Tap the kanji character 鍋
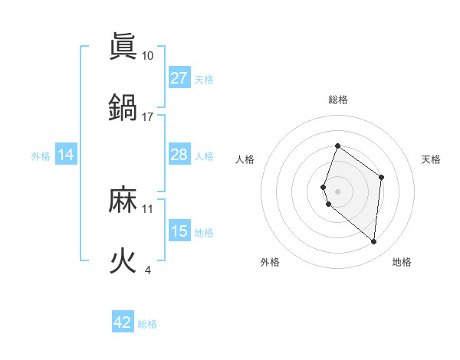123,107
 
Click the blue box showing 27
179,78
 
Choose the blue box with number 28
179,155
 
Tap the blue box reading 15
179,231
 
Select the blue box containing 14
66,155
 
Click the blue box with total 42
123,322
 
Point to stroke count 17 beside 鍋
148,116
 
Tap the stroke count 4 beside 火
147,270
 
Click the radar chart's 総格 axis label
338,100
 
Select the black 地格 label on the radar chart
402,262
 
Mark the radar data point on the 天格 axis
381,177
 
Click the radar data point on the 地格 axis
373,241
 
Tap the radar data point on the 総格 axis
337,146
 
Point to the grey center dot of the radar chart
337,191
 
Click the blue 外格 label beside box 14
41,156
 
